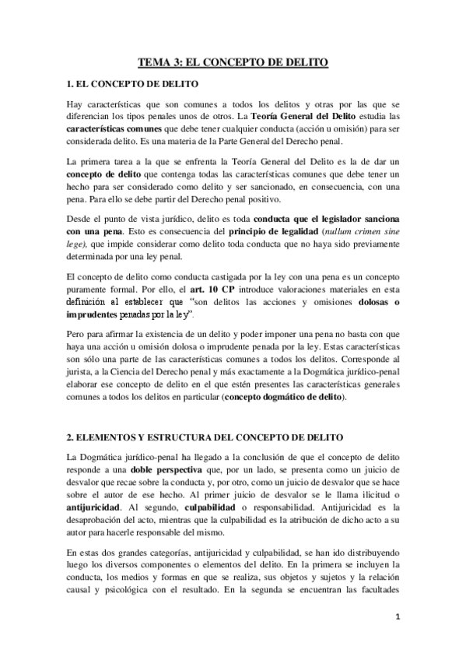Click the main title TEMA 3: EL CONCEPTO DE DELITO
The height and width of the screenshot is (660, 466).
click(233, 61)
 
